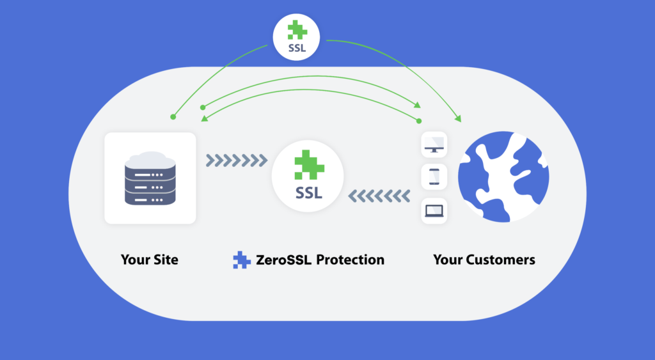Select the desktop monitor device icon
pyautogui.click(x=434, y=145)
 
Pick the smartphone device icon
pyautogui.click(x=434, y=176)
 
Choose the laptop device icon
pyautogui.click(x=434, y=210)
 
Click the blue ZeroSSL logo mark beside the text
pyautogui.click(x=242, y=260)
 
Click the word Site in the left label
pyautogui.click(x=165, y=260)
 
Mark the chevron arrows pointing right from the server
pyautogui.click(x=237, y=159)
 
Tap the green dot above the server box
pyautogui.click(x=173, y=117)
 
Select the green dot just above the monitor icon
pyautogui.click(x=419, y=121)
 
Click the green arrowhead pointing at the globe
pyautogui.click(x=458, y=118)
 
